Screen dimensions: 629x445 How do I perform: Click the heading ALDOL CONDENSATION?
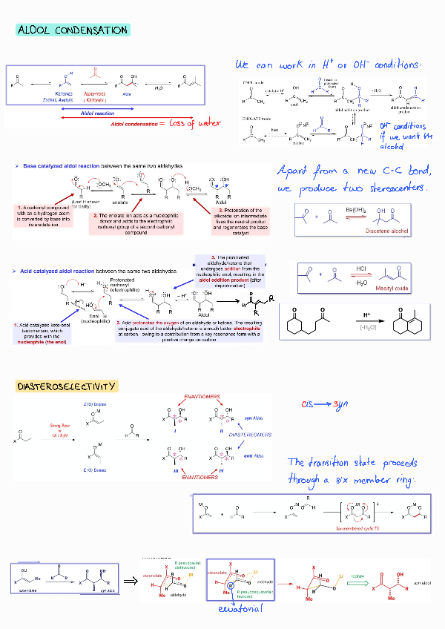pyautogui.click(x=72, y=30)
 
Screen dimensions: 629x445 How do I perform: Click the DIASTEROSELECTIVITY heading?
pyautogui.click(x=67, y=386)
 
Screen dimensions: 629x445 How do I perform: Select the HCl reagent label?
pyautogui.click(x=361, y=269)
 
